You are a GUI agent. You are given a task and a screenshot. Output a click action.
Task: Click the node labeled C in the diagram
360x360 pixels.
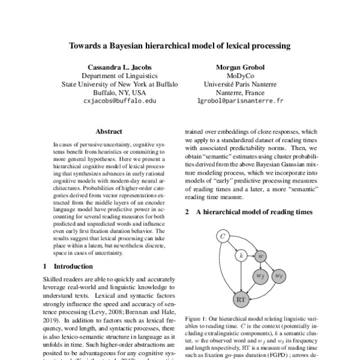(x=223, y=237)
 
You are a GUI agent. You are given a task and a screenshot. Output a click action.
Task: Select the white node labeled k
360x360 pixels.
(x=241, y=256)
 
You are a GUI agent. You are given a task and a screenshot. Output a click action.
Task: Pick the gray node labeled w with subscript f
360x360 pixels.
(x=260, y=275)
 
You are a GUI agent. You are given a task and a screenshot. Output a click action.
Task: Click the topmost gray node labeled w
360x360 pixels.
(x=260, y=256)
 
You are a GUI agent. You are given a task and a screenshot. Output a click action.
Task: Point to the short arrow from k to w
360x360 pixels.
(x=250, y=256)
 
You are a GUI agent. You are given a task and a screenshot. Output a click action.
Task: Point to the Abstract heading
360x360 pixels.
(x=109, y=131)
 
